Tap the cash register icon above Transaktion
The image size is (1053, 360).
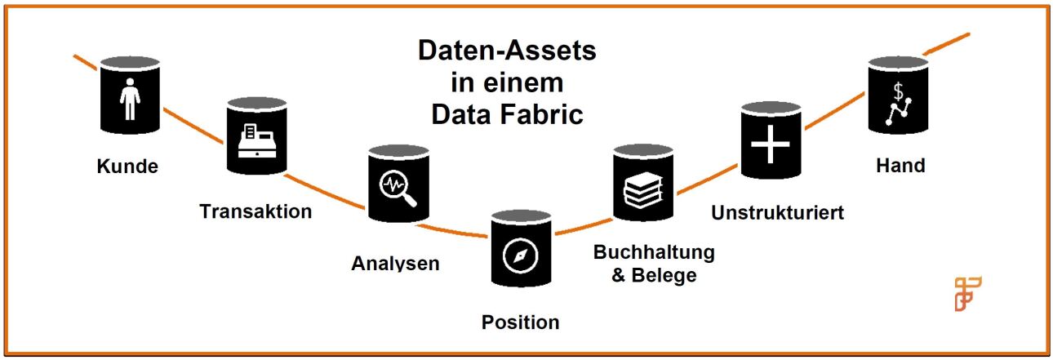click(x=256, y=141)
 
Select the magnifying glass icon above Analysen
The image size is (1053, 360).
click(x=398, y=189)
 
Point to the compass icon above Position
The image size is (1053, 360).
click(x=521, y=256)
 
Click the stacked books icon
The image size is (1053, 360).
click(x=643, y=189)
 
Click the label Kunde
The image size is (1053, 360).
click(x=127, y=167)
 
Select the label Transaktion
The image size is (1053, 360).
click(x=255, y=211)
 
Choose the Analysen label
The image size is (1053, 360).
click(x=395, y=264)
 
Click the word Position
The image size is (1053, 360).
click(x=521, y=322)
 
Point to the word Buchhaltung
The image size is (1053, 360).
click(x=654, y=251)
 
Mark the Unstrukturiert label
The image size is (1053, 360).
click(x=777, y=213)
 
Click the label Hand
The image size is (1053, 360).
click(x=900, y=166)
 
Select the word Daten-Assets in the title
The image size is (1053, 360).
click(x=507, y=51)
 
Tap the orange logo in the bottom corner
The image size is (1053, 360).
click(x=967, y=294)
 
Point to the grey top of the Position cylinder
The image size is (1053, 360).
click(x=521, y=216)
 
